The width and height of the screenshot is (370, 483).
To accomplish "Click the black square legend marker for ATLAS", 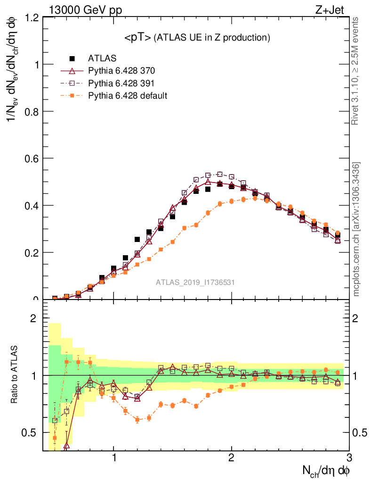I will click(x=72, y=58).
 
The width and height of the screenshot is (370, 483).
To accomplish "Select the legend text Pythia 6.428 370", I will click(x=121, y=71).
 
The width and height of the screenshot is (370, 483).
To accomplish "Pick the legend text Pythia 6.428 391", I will click(x=121, y=83).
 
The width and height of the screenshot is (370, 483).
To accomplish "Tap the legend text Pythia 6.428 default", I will click(x=128, y=96).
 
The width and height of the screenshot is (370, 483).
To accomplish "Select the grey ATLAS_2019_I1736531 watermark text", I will click(x=195, y=282).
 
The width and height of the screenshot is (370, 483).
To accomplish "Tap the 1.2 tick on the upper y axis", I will click(x=32, y=17).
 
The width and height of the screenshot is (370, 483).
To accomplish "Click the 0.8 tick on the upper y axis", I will click(x=32, y=111).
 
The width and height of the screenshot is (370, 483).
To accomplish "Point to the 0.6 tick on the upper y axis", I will click(x=32, y=158).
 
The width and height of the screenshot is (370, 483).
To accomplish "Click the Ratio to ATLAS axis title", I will click(x=14, y=375).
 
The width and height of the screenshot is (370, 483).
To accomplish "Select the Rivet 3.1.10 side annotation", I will click(x=355, y=71).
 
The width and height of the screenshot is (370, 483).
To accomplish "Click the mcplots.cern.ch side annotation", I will click(x=356, y=229).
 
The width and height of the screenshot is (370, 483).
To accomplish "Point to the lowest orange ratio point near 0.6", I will click(x=137, y=419).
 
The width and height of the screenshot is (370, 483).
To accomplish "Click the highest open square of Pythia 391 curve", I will click(x=220, y=174).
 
